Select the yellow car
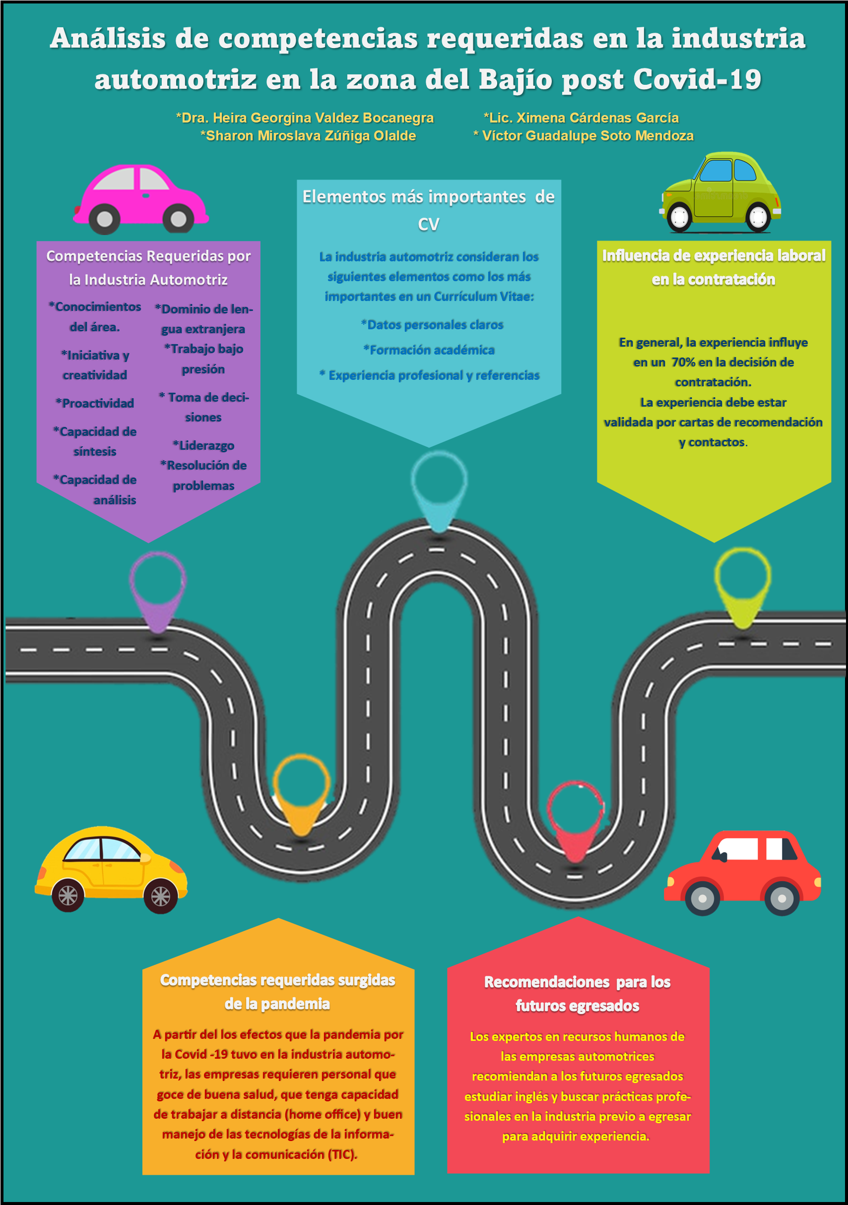(110, 869)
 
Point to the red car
(742, 871)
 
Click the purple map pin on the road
(157, 591)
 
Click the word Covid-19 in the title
(697, 80)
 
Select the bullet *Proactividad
(95, 403)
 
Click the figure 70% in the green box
(683, 362)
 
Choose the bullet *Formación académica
(429, 350)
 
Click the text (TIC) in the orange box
(342, 1154)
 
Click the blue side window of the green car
(716, 171)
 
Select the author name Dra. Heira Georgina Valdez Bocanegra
(305, 118)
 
